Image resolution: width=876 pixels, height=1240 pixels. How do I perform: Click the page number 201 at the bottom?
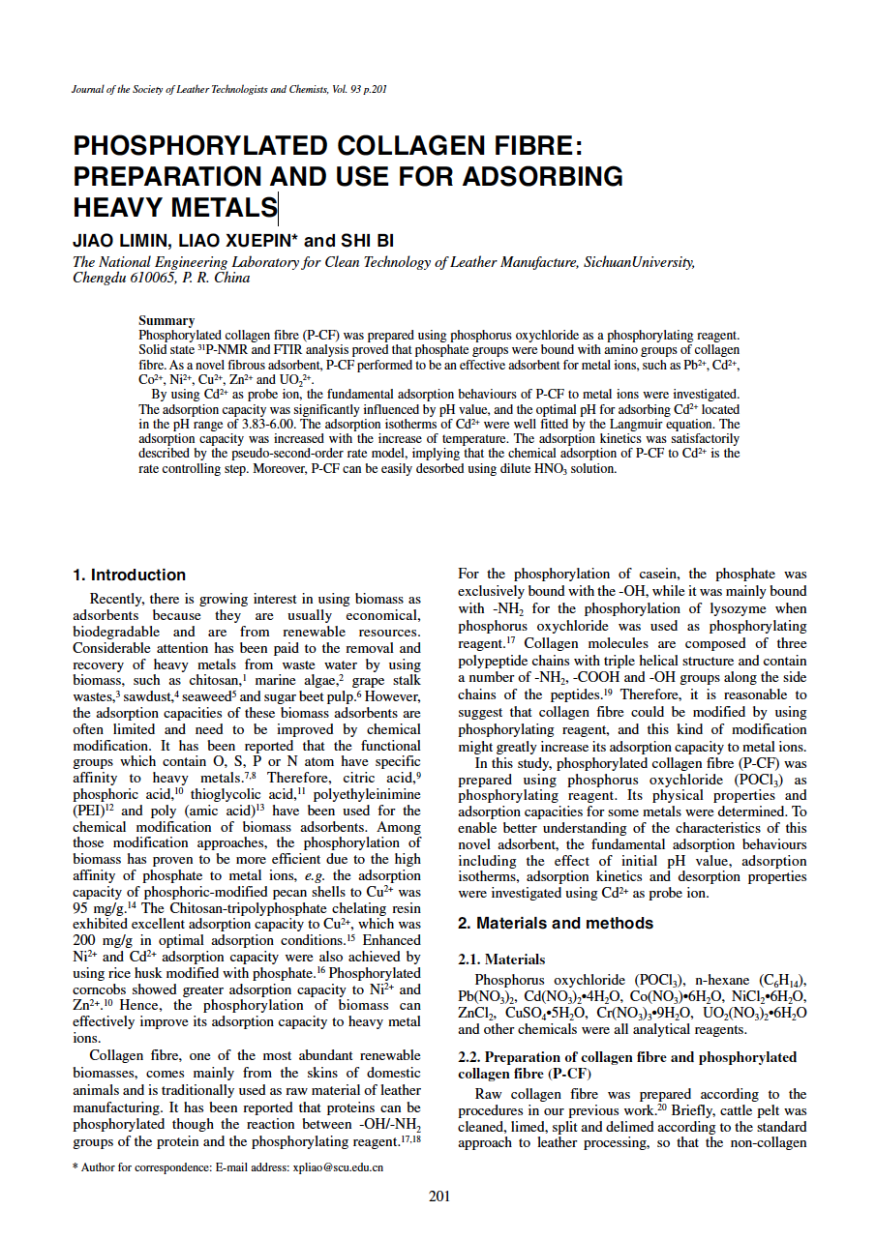pyautogui.click(x=438, y=1196)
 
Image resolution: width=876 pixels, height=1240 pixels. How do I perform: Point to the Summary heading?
pyautogui.click(x=166, y=320)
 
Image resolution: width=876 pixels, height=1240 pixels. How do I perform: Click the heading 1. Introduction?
pyautogui.click(x=130, y=575)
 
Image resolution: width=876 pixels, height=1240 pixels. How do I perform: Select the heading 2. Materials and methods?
pyautogui.click(x=555, y=923)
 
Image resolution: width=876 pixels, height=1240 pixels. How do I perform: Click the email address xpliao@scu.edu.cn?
pyautogui.click(x=338, y=1167)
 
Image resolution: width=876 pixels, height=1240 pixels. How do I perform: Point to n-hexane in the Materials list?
pyautogui.click(x=707, y=979)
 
